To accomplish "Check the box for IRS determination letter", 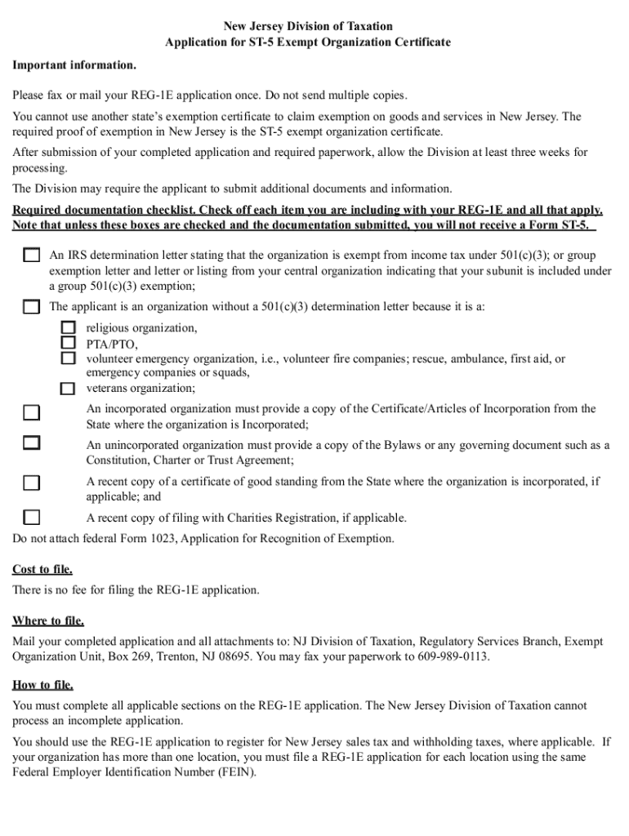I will [31, 255].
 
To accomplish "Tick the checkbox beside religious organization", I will [69, 327].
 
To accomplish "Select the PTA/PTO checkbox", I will [69, 343].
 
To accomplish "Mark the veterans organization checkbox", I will [69, 388].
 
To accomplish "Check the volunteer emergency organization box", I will [69, 358].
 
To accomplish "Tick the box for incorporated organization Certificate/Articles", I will [31, 412].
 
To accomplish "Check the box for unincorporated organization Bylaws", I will [31, 443].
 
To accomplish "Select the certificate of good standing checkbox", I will [31, 482].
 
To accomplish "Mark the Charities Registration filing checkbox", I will [31, 517].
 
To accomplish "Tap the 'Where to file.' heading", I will [48, 620].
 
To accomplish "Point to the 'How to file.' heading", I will [42, 685].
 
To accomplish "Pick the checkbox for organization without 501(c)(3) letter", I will [31, 307].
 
